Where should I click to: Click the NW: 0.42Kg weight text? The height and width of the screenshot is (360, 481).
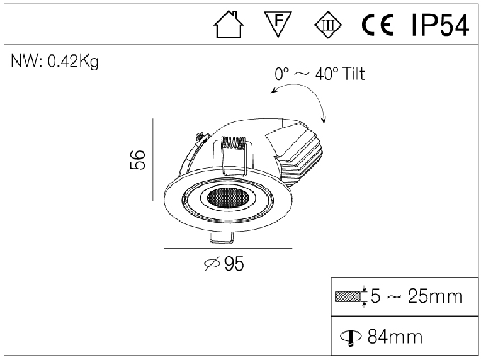55,62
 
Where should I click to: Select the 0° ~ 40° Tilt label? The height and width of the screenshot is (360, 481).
319,74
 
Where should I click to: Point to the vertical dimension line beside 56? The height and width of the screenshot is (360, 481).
153,160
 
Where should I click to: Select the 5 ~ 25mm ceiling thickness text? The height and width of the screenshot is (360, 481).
417,296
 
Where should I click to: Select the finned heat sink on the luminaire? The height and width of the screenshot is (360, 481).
297,151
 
